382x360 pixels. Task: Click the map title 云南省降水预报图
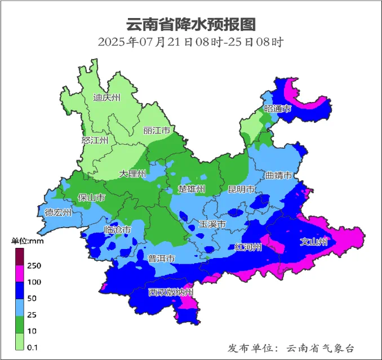pyautogui.click(x=190, y=24)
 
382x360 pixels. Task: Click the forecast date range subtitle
pyautogui.click(x=190, y=42)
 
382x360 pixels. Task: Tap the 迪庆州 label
pyautogui.click(x=106, y=97)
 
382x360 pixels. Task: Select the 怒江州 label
pyautogui.click(x=95, y=140)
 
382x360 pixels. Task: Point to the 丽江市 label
pyautogui.click(x=157, y=131)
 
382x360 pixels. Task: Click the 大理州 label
pyautogui.click(x=132, y=174)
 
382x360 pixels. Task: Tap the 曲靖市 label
pyautogui.click(x=280, y=176)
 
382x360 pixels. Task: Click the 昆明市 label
pyautogui.click(x=242, y=189)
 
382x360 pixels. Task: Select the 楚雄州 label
pyautogui.click(x=192, y=188)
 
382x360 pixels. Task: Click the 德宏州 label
pyautogui.click(x=59, y=212)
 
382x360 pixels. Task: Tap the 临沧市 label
pyautogui.click(x=118, y=230)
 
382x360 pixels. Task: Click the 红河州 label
pyautogui.click(x=248, y=247)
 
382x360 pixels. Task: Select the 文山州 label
pyautogui.click(x=313, y=242)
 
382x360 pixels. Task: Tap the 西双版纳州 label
pyautogui.click(x=171, y=292)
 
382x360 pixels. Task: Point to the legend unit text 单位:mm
pyautogui.click(x=28, y=242)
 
